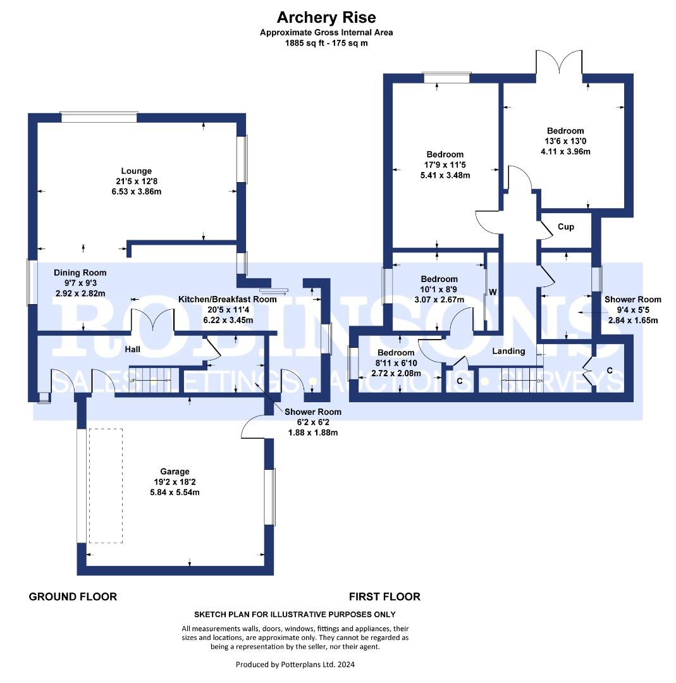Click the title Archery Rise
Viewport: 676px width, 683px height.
[x=326, y=18]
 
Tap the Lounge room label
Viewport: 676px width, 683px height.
[x=137, y=171]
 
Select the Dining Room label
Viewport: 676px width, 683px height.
[x=80, y=273]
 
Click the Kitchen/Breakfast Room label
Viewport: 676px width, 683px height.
[x=228, y=299]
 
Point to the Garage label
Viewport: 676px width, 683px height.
[x=175, y=471]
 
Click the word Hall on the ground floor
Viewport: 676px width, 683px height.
[x=132, y=349]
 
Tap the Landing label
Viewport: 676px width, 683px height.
[x=509, y=351]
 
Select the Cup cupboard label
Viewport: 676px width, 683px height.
[x=566, y=227]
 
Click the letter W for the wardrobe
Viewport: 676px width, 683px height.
[x=493, y=292]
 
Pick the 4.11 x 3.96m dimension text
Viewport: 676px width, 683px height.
[x=565, y=152]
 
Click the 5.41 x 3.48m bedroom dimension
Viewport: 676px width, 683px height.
[x=445, y=176]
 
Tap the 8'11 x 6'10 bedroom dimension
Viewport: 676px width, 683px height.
[x=396, y=363]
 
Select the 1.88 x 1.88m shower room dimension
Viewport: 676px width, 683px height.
[x=313, y=433]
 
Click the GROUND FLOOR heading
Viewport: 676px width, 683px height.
[x=73, y=597]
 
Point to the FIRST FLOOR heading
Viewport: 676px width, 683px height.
[x=384, y=597]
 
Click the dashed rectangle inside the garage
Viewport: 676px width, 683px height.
[x=106, y=486]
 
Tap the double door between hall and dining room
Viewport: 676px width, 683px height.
[x=152, y=321]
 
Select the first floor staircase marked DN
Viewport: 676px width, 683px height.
[x=522, y=380]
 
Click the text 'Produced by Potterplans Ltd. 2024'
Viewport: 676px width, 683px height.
[x=295, y=664]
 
